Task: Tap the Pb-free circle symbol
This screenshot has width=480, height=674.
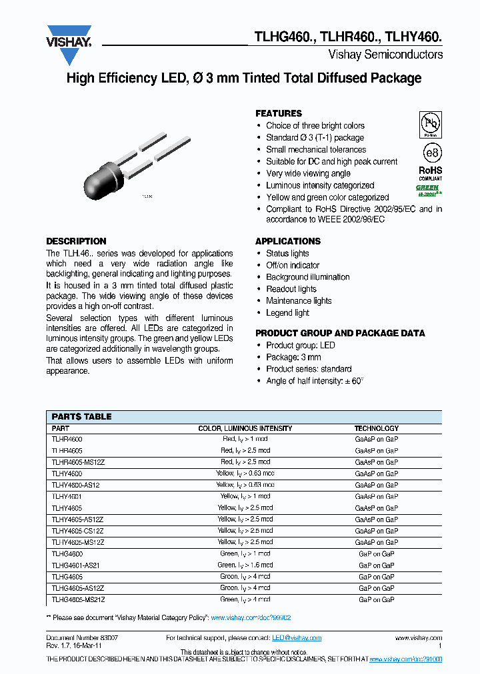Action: coord(430,125)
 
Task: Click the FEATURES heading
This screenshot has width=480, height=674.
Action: coord(279,113)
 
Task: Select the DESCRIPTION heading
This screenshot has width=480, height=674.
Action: coord(76,241)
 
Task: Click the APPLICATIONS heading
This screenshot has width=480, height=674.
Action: coord(288,241)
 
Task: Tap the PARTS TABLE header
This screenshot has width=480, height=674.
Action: coord(82,416)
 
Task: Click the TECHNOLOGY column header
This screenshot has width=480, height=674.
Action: coord(376,428)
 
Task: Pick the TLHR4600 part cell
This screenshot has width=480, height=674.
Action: coord(67,440)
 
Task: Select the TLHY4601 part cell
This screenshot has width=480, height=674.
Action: coord(67,496)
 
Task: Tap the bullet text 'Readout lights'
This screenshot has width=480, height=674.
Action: coord(291,289)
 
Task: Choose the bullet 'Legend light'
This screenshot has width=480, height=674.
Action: coord(287,313)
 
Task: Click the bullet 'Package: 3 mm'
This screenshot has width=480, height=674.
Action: coord(293,357)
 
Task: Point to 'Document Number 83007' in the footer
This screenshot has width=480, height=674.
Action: coord(77,638)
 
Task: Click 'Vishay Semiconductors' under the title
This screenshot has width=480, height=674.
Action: coord(385,55)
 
